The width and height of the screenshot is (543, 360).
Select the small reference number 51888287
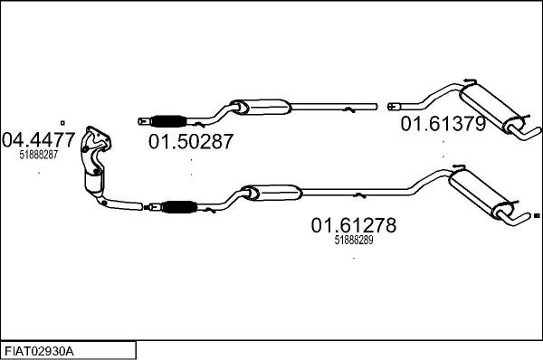coord(38,156)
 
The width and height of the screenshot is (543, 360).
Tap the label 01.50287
coord(191,142)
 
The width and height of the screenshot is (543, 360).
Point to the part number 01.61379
coord(443,124)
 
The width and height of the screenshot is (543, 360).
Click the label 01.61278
coord(354,225)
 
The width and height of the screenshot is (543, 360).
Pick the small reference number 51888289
coord(354,241)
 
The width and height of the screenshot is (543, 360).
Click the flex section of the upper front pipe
coord(170,120)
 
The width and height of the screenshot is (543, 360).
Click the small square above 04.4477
coord(62,121)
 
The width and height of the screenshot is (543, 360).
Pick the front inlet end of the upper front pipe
coord(142,119)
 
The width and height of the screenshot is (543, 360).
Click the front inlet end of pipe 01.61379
coord(393,105)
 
